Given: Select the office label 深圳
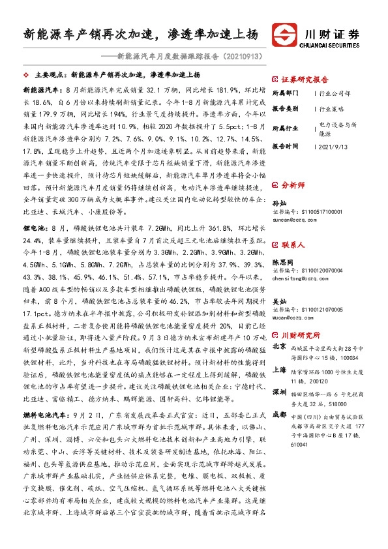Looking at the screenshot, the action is (278, 393).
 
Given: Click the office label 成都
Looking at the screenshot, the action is (278, 414).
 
